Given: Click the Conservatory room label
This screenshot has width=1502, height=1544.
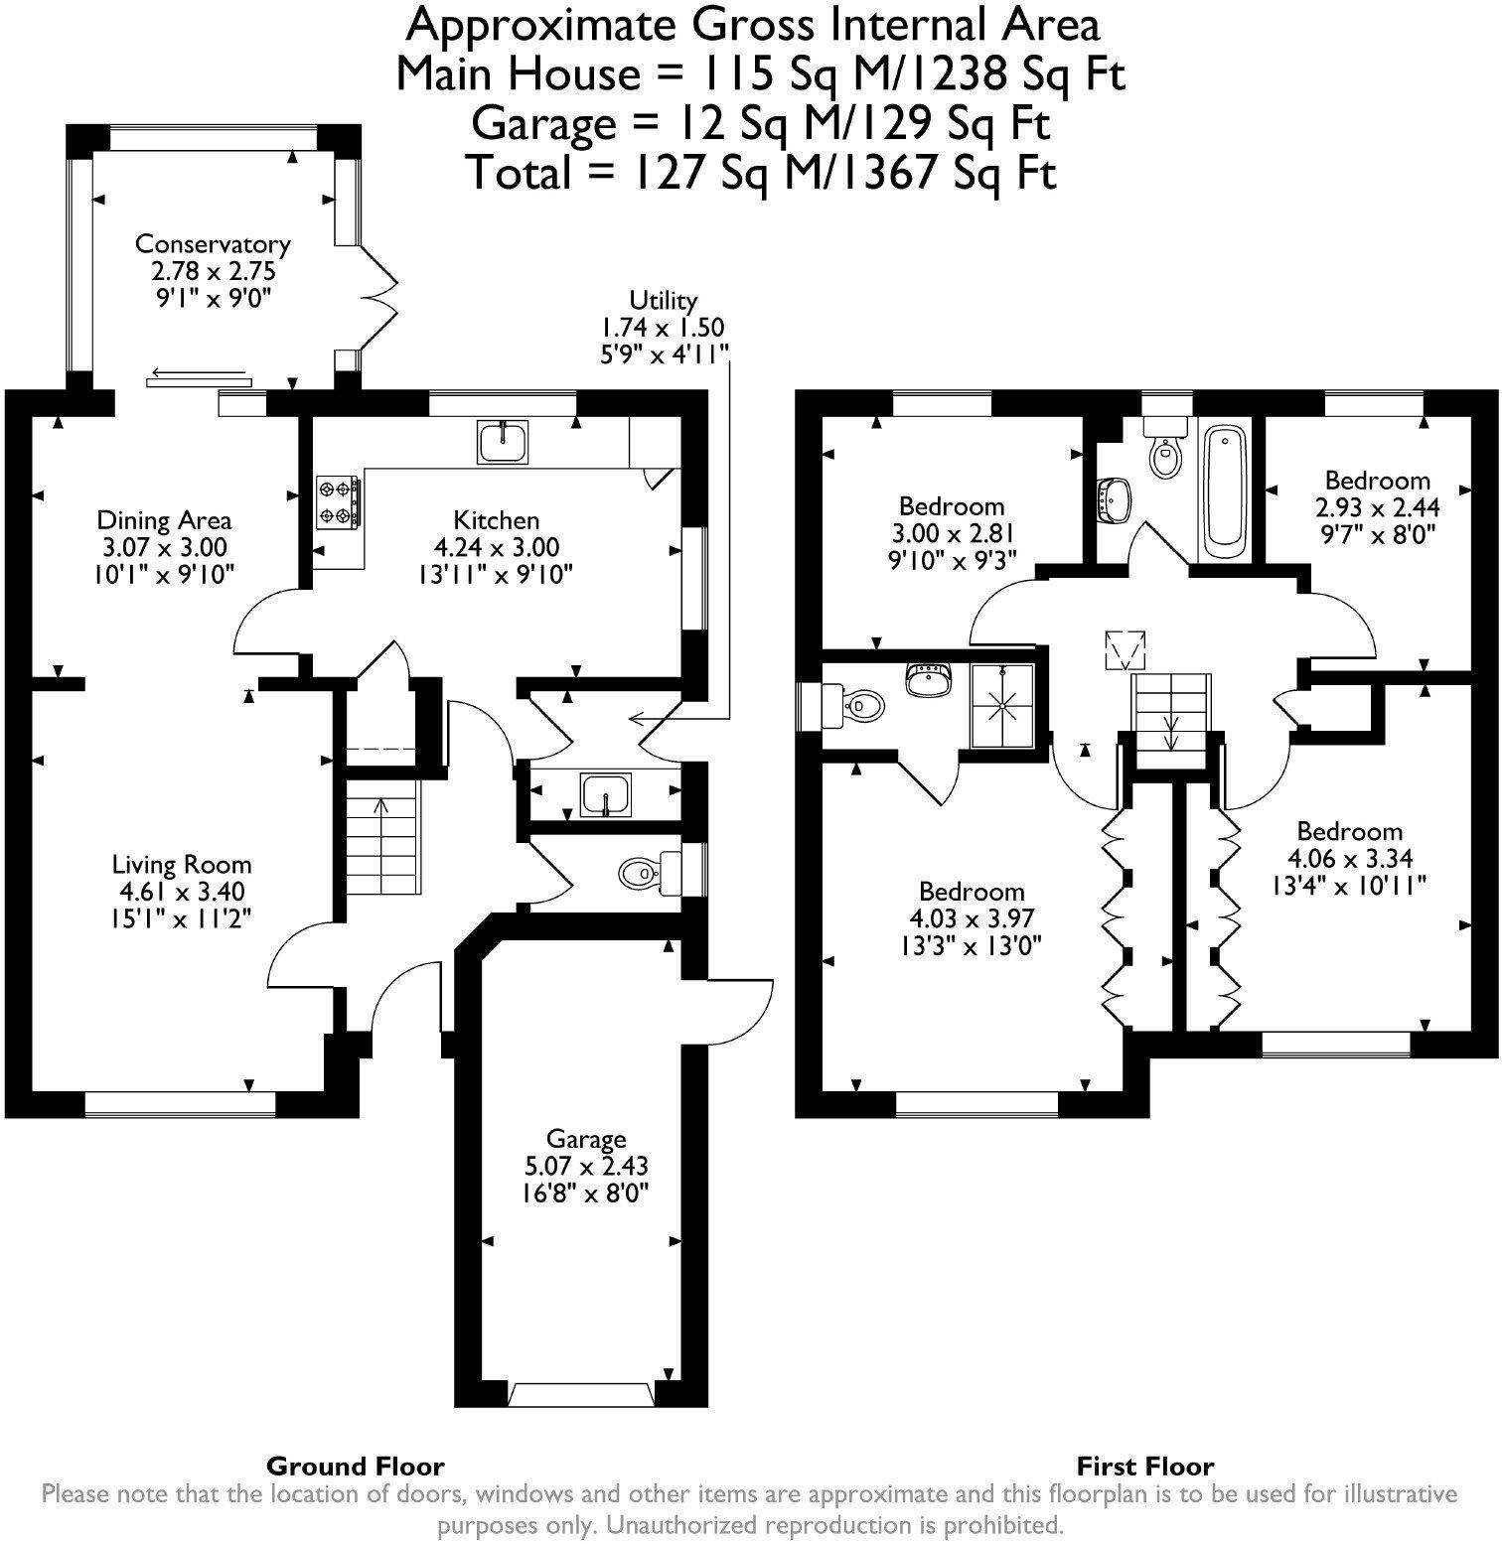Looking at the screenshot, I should [x=213, y=244].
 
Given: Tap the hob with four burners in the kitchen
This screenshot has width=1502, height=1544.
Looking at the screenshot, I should [x=338, y=502].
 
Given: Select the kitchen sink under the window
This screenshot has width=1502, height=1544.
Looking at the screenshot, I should [x=504, y=442].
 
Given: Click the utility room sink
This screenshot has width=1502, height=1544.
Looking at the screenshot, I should [x=606, y=794].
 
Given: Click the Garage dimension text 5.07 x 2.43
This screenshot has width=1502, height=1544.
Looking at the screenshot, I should [x=586, y=1166].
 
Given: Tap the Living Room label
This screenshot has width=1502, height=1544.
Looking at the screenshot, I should [x=181, y=864].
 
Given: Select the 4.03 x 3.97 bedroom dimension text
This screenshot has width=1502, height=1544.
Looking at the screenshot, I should [x=971, y=918].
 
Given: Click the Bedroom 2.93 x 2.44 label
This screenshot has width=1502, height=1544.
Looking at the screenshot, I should [x=1377, y=481].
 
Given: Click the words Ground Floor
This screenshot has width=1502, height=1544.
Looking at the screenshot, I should [x=355, y=1466].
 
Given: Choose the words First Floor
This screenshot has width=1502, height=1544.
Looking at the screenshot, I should [x=1144, y=1466].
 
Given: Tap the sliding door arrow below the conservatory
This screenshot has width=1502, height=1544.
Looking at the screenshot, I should [x=199, y=377].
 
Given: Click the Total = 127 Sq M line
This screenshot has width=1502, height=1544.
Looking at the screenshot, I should [x=760, y=173].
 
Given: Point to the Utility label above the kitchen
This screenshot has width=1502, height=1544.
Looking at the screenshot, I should [x=663, y=300].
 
